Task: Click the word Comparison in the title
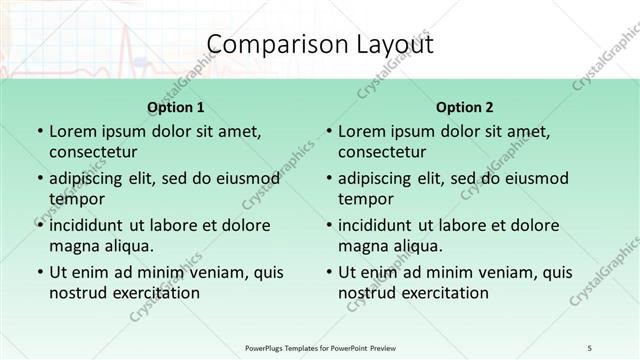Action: (x=268, y=45)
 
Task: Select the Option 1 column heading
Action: (x=175, y=107)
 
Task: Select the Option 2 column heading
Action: (x=465, y=107)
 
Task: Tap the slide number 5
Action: (x=591, y=348)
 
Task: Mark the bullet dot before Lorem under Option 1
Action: (x=39, y=132)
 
